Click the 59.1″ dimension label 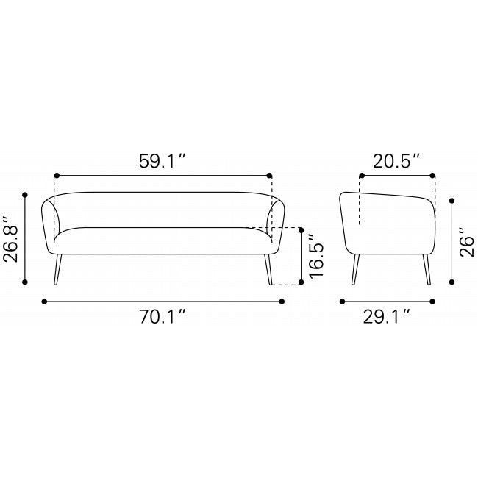click(163, 161)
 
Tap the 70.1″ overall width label click(163, 316)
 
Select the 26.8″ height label click(10, 239)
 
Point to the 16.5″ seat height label click(315, 256)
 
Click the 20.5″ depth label click(396, 161)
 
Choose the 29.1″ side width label click(386, 316)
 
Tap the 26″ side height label click(467, 242)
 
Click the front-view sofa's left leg click(57, 269)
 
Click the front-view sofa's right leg click(268, 269)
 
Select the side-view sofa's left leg click(355, 269)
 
